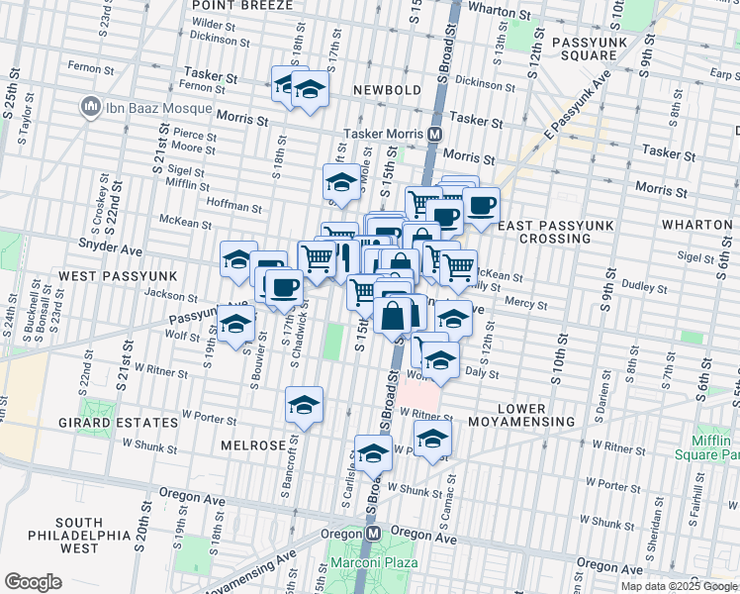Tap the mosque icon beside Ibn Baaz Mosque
[x=90, y=105]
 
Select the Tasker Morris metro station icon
[x=434, y=134]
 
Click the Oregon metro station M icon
[x=373, y=533]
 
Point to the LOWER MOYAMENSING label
[x=521, y=415]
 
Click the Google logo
[x=34, y=582]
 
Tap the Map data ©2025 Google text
[x=679, y=586]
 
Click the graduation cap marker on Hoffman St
[x=340, y=182]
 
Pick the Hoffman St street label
[x=234, y=209]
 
